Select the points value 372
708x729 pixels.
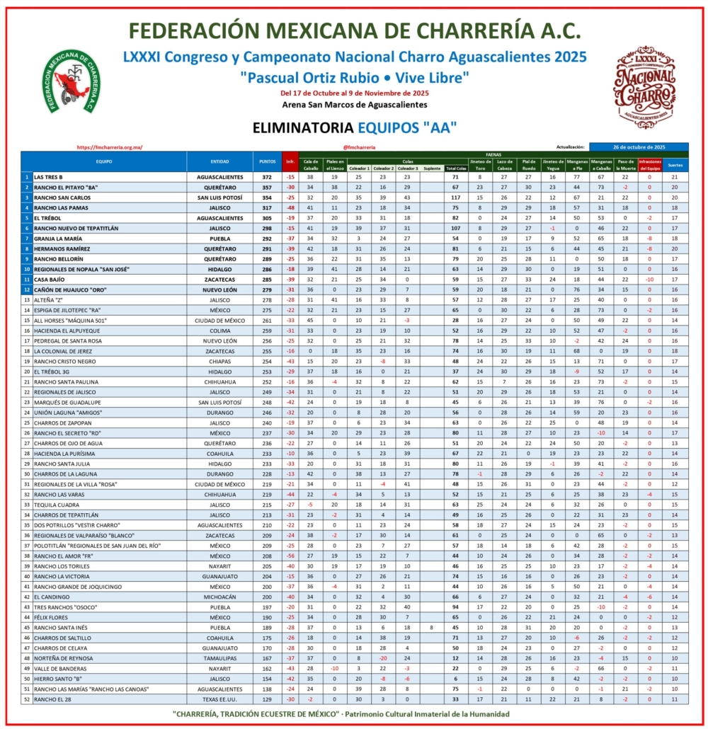point(267,176)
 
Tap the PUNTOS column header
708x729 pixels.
point(267,161)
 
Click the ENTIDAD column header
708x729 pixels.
point(219,161)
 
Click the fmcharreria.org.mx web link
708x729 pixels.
point(109,147)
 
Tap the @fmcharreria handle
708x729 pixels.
point(358,147)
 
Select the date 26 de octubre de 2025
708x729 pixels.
point(639,147)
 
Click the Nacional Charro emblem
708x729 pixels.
point(644,86)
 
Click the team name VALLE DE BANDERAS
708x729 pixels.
point(60,667)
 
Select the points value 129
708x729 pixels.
point(267,699)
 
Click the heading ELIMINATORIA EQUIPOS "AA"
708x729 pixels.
point(354,127)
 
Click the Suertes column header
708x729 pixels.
point(675,165)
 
